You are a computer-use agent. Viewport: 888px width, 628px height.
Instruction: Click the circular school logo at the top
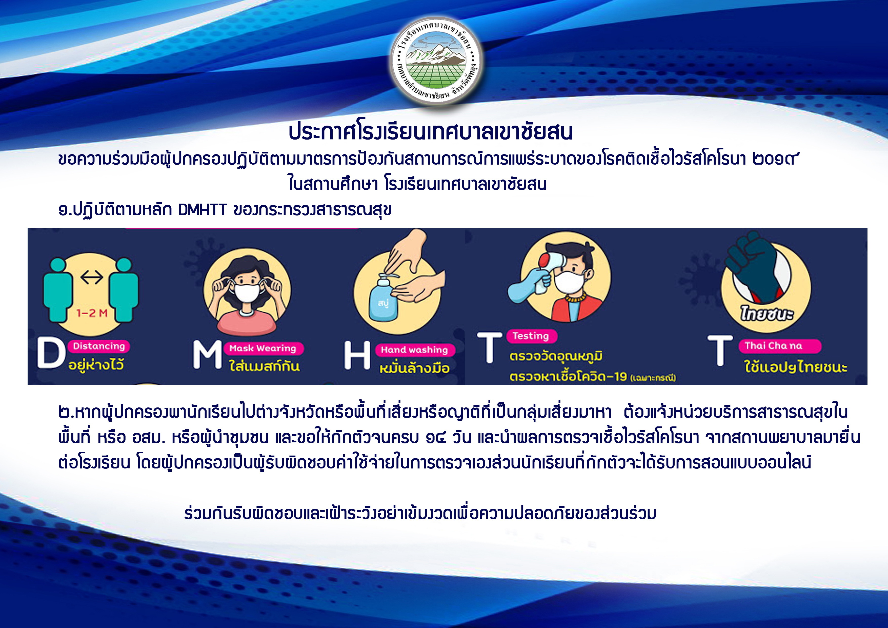436,61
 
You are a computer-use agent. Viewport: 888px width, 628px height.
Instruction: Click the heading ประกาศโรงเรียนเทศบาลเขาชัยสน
431,132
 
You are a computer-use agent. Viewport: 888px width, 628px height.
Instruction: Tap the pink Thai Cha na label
779,346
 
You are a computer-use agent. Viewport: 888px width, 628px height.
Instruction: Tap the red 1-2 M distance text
92,313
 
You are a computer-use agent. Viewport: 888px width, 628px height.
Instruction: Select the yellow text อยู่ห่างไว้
96,364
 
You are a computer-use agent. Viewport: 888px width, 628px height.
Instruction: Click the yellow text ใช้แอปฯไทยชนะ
796,366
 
